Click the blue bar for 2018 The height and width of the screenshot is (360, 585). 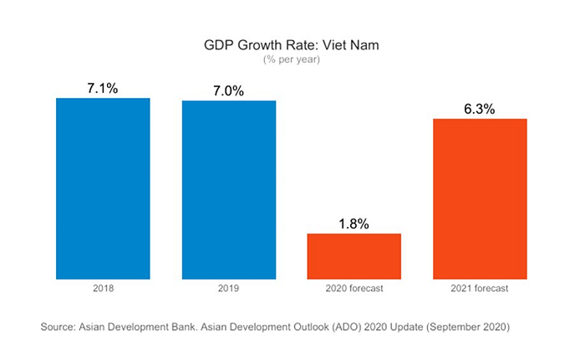tap(103, 188)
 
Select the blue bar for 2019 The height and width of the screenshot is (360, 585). tap(229, 189)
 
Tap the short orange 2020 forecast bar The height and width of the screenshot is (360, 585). tap(354, 255)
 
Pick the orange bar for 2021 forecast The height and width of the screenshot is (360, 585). tap(481, 198)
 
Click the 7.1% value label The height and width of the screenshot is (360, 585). tap(104, 86)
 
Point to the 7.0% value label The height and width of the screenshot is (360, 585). tap(228, 90)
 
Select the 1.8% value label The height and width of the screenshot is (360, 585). tap(354, 223)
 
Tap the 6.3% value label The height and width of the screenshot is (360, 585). tap(481, 108)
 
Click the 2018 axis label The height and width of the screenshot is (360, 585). tap(103, 289)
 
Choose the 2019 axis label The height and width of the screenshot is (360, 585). tap(229, 289)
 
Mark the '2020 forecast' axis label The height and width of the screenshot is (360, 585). tap(354, 289)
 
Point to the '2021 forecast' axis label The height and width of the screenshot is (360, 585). tap(481, 289)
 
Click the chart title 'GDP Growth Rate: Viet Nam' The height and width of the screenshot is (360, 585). tap(292, 44)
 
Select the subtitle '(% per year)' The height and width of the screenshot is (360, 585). tap(292, 59)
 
